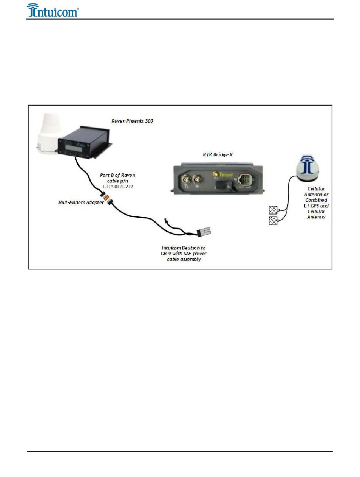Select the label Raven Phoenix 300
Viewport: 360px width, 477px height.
tap(132, 121)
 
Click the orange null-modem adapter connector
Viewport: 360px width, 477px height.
tap(107, 198)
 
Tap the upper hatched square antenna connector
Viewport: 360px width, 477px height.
tap(273, 210)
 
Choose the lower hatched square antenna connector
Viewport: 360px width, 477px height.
tap(273, 221)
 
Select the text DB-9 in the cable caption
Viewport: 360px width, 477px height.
tap(167, 253)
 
